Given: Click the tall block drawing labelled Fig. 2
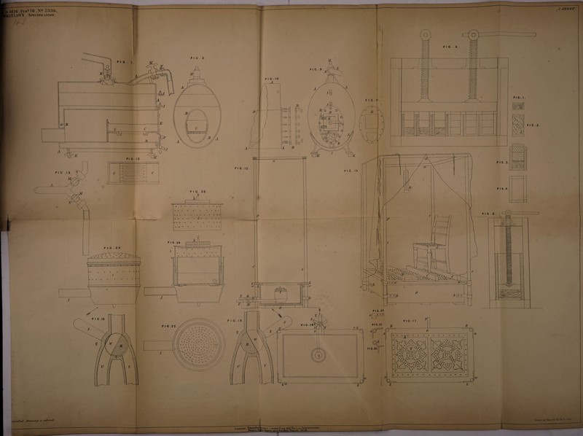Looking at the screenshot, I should click(x=518, y=127).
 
